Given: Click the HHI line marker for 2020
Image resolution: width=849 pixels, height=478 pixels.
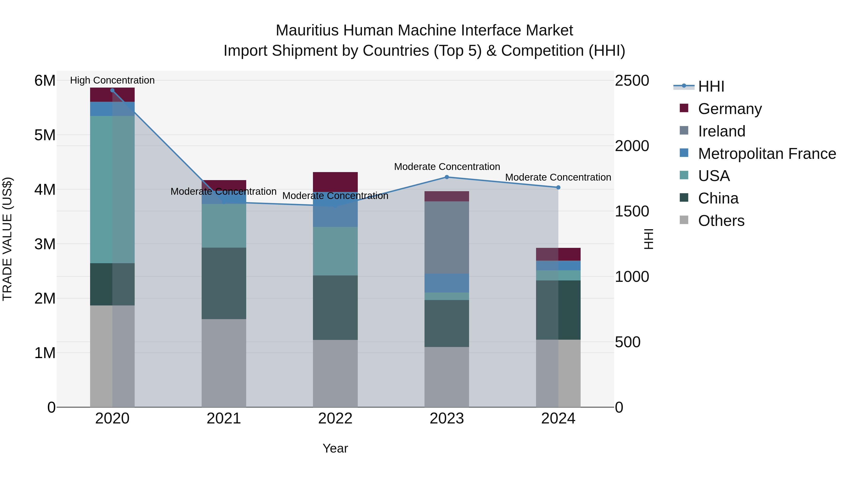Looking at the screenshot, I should [x=112, y=90].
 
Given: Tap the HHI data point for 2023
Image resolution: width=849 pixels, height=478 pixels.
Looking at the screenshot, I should [x=447, y=177].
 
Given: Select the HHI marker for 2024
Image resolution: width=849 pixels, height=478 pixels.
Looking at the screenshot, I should [x=558, y=187].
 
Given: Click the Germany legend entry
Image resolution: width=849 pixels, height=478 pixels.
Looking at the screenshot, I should [x=729, y=109].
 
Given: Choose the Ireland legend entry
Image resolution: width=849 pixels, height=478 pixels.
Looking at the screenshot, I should [x=721, y=131].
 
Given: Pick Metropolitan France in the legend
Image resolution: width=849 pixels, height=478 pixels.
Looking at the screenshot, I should [x=767, y=154].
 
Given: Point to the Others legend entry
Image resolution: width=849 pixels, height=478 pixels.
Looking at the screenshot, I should [x=721, y=221].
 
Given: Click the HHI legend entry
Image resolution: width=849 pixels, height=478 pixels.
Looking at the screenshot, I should [x=711, y=86].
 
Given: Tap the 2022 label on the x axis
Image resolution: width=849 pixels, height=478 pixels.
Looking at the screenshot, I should [x=335, y=419].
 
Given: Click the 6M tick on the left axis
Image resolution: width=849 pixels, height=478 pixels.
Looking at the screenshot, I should [x=45, y=80].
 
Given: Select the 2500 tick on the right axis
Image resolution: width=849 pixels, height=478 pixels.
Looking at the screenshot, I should [x=632, y=80].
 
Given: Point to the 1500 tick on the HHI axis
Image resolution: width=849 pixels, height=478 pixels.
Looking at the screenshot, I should [x=632, y=212].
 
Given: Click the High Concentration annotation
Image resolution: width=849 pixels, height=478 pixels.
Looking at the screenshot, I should [x=112, y=80].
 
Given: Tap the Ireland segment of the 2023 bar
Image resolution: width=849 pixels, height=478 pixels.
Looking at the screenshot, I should [x=447, y=237].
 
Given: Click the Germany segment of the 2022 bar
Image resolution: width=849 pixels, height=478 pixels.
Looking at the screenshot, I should [x=335, y=182].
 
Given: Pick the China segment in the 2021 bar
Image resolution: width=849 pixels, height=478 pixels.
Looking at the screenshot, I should [x=224, y=283].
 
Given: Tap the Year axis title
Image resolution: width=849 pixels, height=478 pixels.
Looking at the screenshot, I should [x=335, y=448].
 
